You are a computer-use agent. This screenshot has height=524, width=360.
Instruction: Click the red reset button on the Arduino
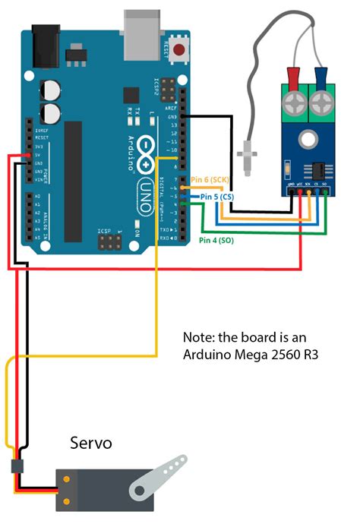[x=180, y=51]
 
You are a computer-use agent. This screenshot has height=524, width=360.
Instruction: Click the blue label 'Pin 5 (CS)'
[x=212, y=196]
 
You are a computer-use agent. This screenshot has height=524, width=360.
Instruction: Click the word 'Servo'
[x=91, y=442]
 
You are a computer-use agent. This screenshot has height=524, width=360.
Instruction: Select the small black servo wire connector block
[x=17, y=466]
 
